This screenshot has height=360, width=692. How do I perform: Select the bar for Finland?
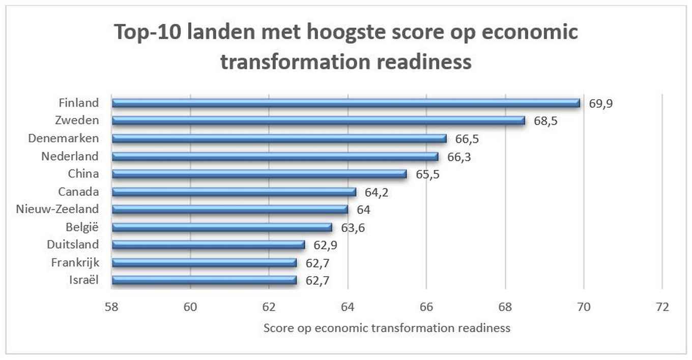[x=346, y=103]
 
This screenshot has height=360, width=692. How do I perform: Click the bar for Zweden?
[x=318, y=121]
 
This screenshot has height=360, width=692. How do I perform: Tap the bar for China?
[x=259, y=174]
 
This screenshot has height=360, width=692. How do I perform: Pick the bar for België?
[x=222, y=227]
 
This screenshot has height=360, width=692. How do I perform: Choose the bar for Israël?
[x=204, y=280]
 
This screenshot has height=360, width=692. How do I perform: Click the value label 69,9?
[x=602, y=104]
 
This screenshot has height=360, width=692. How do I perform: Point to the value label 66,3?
[x=459, y=157]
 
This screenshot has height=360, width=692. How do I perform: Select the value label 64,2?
[x=377, y=192]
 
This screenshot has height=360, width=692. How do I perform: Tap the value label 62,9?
[x=326, y=245]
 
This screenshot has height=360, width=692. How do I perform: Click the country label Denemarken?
[x=64, y=138]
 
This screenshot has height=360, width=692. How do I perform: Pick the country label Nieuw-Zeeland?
[x=57, y=209]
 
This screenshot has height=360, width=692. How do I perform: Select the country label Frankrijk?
[x=75, y=262]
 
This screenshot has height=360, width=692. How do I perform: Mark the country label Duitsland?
[x=73, y=245]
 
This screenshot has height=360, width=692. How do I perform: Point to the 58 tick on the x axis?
[x=112, y=307]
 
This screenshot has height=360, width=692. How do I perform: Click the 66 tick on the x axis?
[x=426, y=307]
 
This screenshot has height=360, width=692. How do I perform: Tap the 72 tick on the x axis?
[x=662, y=307]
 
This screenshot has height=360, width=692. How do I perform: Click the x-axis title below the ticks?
[x=387, y=328]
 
